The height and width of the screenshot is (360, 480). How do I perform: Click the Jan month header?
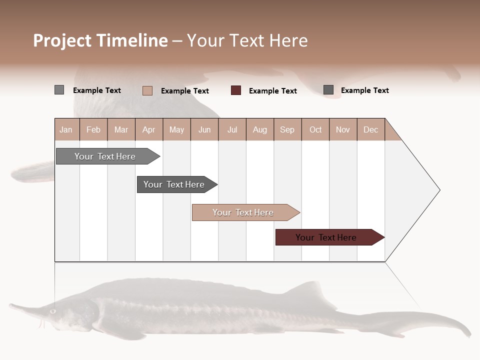click(x=66, y=130)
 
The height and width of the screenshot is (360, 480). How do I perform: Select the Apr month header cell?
click(x=149, y=130)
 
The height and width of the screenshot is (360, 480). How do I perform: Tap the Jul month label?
click(x=232, y=130)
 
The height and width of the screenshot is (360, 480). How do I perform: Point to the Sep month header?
click(x=287, y=130)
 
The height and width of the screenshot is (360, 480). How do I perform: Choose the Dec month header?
click(x=371, y=130)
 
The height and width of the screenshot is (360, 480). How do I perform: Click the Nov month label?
click(x=343, y=130)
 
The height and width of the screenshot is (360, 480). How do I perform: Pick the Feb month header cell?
click(x=93, y=130)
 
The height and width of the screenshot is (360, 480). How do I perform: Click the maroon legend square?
click(x=236, y=90)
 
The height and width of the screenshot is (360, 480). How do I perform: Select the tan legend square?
click(x=147, y=90)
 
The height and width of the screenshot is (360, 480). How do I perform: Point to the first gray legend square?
click(x=59, y=90)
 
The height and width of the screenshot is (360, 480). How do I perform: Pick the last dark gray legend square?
click(x=328, y=90)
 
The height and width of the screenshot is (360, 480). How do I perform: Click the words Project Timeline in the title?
click(x=100, y=41)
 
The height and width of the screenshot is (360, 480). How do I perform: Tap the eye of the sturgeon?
click(x=52, y=311)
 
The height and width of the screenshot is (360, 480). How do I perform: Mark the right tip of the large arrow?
click(x=439, y=190)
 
